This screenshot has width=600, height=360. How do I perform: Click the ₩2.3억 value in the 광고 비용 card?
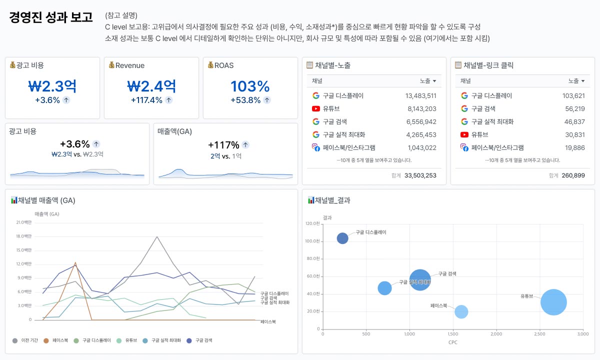point(52,86)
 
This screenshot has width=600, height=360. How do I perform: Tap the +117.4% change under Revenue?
point(146,100)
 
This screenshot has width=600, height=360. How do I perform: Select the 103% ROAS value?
point(250,86)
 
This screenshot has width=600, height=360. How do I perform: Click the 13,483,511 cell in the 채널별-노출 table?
point(421,95)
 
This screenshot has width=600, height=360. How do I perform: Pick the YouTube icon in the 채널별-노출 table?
point(316,108)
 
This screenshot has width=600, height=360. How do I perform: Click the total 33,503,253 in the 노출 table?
point(420,175)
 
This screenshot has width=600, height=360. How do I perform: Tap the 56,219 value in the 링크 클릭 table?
point(575,108)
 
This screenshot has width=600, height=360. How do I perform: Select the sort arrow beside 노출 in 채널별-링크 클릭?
point(583,81)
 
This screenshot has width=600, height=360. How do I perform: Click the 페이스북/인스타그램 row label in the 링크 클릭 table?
point(497,147)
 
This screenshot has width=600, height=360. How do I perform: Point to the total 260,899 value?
point(573,175)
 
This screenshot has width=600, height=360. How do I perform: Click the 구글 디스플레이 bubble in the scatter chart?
point(342,238)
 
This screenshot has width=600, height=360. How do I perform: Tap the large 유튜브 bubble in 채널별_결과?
point(553,302)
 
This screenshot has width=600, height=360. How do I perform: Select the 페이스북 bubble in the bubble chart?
point(461,312)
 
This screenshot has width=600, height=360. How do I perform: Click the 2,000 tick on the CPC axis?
point(496,334)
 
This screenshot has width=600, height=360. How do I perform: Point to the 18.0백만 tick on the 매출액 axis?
point(24,236)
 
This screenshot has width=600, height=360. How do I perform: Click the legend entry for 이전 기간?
point(25,340)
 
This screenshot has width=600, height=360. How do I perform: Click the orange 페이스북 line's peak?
point(75,262)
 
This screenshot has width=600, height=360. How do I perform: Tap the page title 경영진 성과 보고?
point(51,17)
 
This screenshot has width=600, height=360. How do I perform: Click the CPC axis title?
point(453,342)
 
